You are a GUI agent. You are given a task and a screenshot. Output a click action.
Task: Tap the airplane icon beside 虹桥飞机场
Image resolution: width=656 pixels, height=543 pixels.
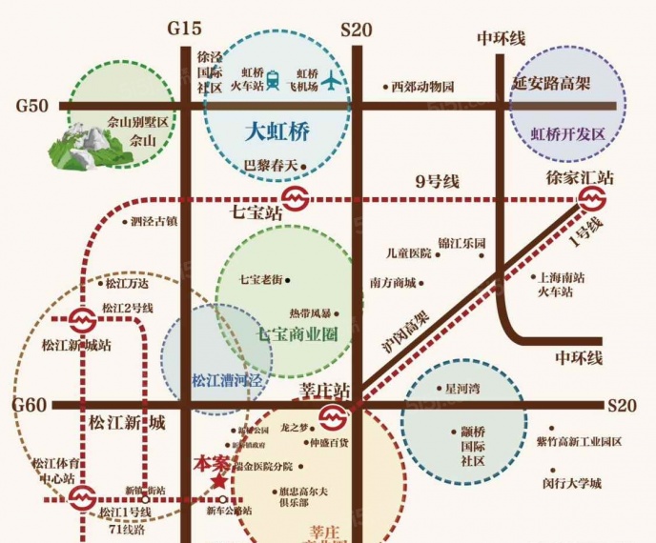[332, 81]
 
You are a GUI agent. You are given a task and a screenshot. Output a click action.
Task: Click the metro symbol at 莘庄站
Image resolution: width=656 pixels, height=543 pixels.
[333, 416]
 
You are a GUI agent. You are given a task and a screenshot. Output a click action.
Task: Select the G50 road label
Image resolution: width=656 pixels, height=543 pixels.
[31, 106]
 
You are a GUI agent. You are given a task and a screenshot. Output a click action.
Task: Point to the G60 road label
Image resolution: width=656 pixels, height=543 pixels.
[30, 406]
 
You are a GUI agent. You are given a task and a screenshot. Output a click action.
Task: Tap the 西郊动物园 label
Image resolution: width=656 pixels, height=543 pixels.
[422, 87]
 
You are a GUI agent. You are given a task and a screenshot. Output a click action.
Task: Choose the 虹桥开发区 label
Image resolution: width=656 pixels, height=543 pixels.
[568, 134]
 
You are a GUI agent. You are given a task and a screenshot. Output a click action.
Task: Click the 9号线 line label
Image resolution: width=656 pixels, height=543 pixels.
[438, 181]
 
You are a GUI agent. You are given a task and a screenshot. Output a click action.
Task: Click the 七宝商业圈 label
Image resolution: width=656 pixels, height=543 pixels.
[298, 335]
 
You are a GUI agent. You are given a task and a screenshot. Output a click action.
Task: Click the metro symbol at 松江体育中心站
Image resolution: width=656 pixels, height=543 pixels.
[82, 495]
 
